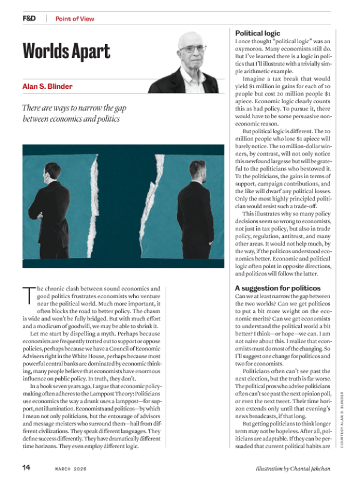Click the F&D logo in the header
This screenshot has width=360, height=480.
(x=29, y=19)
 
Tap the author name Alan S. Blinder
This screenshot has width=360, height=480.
(x=47, y=86)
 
